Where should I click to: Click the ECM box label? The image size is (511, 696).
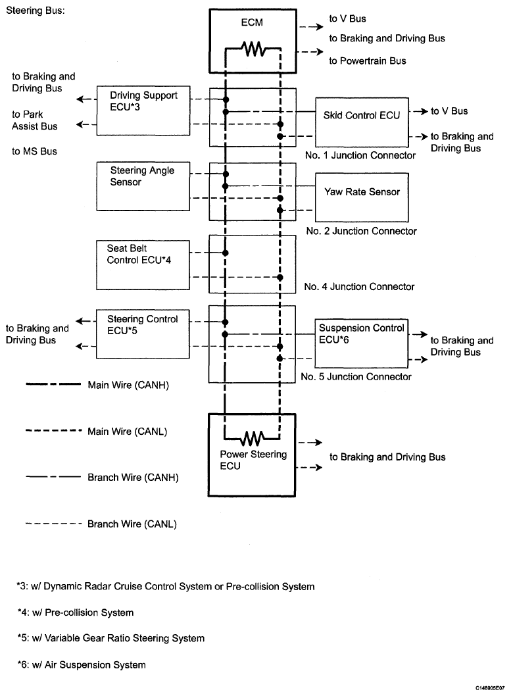(x=252, y=22)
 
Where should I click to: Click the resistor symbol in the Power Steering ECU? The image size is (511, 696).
(x=252, y=438)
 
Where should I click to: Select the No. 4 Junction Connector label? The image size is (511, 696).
(x=359, y=287)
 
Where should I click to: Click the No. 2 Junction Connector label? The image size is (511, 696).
(x=362, y=231)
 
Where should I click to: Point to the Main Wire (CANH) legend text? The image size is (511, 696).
(x=128, y=385)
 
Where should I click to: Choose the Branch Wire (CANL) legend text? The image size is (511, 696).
(x=132, y=524)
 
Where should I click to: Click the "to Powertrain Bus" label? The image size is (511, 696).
(x=367, y=61)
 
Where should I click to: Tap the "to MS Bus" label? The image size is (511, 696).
(x=35, y=151)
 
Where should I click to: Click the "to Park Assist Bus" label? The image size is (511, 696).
(x=35, y=120)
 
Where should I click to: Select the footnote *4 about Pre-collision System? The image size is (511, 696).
(x=76, y=612)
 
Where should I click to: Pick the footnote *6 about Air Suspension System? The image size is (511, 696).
(x=82, y=664)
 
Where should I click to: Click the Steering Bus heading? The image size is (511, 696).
(x=36, y=11)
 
